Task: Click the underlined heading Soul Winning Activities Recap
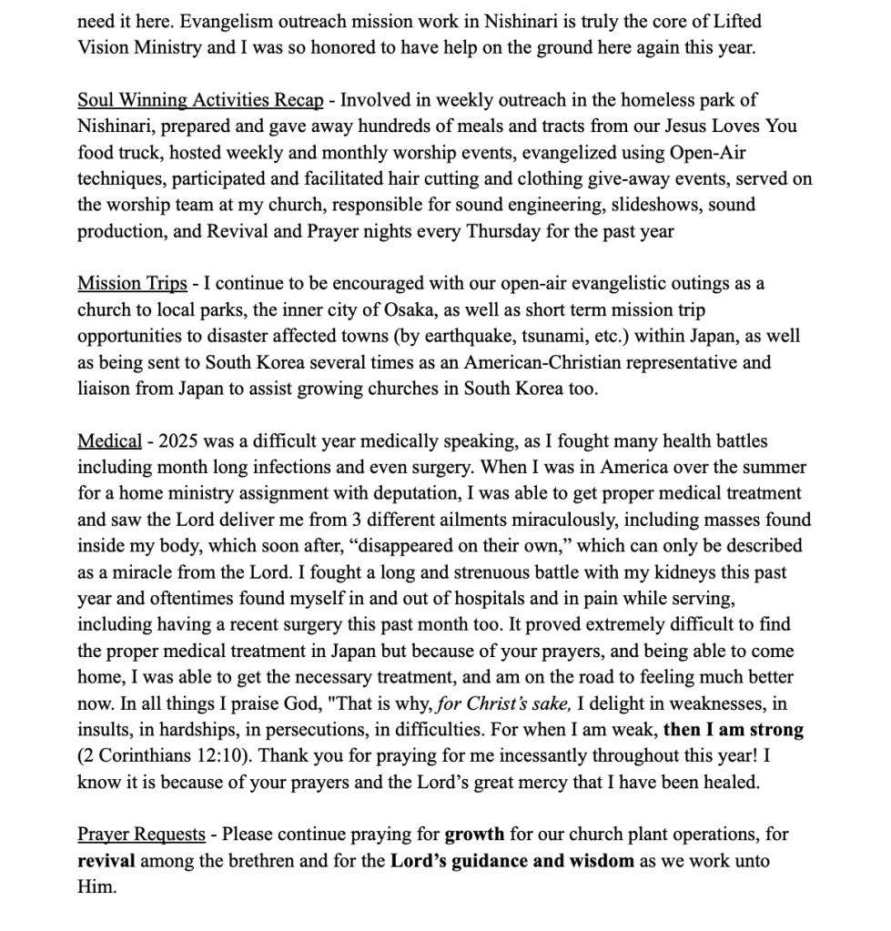click(200, 100)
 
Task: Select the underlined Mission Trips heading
click(132, 283)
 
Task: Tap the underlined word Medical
click(109, 441)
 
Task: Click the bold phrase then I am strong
click(734, 730)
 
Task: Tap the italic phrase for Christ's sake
click(514, 703)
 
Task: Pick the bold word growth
click(474, 834)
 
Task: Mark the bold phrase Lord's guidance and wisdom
click(512, 860)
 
